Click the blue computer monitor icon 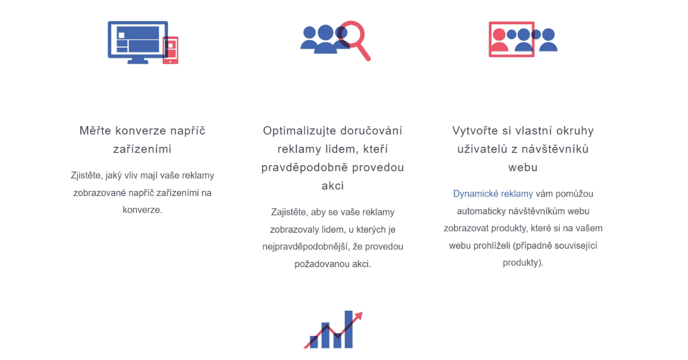point(138,42)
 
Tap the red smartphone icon point(170,50)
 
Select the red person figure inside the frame point(499,40)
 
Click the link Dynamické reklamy point(493,194)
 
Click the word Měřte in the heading point(95,131)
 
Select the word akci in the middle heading point(333,186)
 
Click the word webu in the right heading point(523,167)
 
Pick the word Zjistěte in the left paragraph point(85,175)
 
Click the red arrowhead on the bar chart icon point(359,316)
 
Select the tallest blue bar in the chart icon point(349,329)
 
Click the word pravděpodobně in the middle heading point(304,168)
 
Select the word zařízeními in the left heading point(142,149)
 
